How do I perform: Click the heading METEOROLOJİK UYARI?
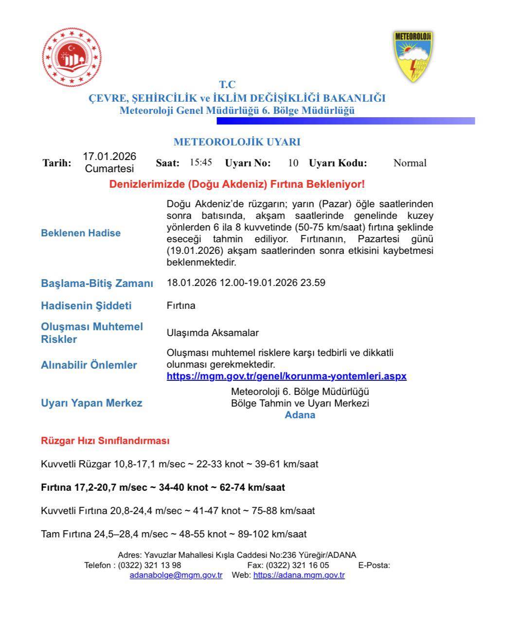click(237, 142)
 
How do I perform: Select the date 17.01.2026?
click(109, 157)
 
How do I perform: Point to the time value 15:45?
click(201, 162)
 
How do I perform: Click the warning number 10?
click(293, 163)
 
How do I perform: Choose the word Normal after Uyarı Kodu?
click(410, 163)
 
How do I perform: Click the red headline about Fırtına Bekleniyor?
click(237, 184)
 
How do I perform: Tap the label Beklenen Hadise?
click(81, 233)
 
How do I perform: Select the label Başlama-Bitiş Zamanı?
click(97, 284)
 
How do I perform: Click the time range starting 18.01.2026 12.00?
click(246, 283)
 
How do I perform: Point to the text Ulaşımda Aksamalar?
click(213, 333)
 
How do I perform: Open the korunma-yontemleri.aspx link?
click(287, 376)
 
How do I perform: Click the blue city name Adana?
click(300, 415)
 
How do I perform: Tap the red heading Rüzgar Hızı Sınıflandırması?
click(105, 441)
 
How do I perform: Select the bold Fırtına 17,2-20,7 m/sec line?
click(163, 487)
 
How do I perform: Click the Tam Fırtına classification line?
click(174, 534)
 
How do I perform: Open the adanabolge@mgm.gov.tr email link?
click(176, 575)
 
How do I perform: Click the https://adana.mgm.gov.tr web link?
click(299, 575)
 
